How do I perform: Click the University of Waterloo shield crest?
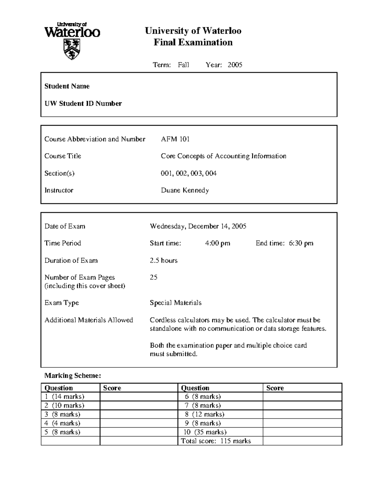pyautogui.click(x=72, y=49)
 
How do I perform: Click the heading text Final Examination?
pyautogui.click(x=193, y=42)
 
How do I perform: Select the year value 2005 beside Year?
pyautogui.click(x=235, y=65)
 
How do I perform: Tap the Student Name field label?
pyautogui.click(x=67, y=86)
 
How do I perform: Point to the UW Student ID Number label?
pyautogui.click(x=83, y=104)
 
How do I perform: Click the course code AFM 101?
pyautogui.click(x=175, y=139)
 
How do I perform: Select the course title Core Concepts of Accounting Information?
pyautogui.click(x=223, y=156)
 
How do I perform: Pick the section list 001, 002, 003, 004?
pyautogui.click(x=189, y=173)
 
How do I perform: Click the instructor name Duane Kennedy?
pyautogui.click(x=185, y=190)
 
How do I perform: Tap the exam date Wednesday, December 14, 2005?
pyautogui.click(x=198, y=226)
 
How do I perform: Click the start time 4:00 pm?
pyautogui.click(x=217, y=243)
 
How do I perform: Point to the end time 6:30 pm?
pyautogui.click(x=301, y=243)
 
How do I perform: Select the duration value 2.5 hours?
pyautogui.click(x=163, y=260)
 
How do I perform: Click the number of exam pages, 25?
pyautogui.click(x=153, y=277)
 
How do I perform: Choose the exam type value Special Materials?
pyautogui.click(x=175, y=303)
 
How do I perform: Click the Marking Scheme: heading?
pyautogui.click(x=72, y=375)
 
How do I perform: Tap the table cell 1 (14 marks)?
pyautogui.click(x=64, y=396)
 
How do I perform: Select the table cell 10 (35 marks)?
pyautogui.click(x=205, y=432)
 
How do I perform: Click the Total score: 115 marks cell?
pyautogui.click(x=216, y=441)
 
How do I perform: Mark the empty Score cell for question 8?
pyautogui.click(x=302, y=414)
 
